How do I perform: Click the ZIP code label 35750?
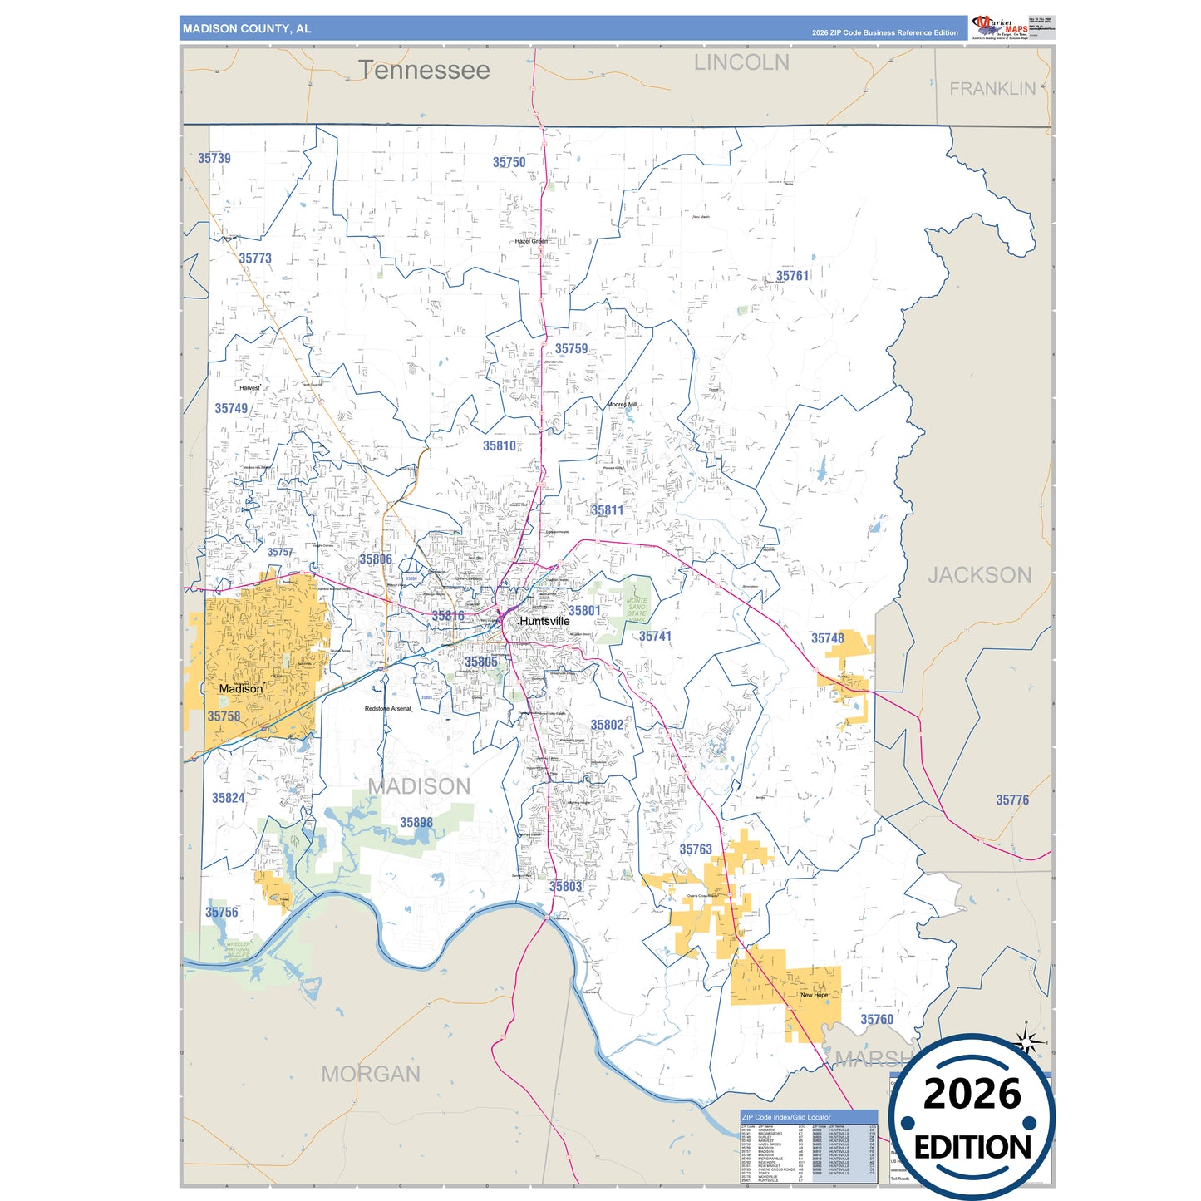point(509,163)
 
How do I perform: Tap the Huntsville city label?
point(545,621)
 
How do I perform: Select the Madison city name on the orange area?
point(241,688)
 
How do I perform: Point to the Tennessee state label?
point(424,71)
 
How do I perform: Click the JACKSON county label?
point(979,575)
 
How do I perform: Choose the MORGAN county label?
point(371,1074)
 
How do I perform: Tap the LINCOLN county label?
point(741,62)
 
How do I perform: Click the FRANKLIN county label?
point(992,89)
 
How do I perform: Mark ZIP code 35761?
point(792,276)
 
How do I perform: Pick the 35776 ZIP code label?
point(1012,800)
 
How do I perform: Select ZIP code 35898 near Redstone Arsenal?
point(416,823)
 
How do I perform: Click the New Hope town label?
point(814,995)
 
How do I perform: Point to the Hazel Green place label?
point(531,241)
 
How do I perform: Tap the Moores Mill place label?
point(622,405)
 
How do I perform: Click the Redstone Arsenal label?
point(388,709)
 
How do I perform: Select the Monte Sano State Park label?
point(637,610)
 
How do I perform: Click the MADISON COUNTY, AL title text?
point(247,29)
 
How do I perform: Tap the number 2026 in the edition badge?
point(972,1094)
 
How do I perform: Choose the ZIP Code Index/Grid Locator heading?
point(786,1117)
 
